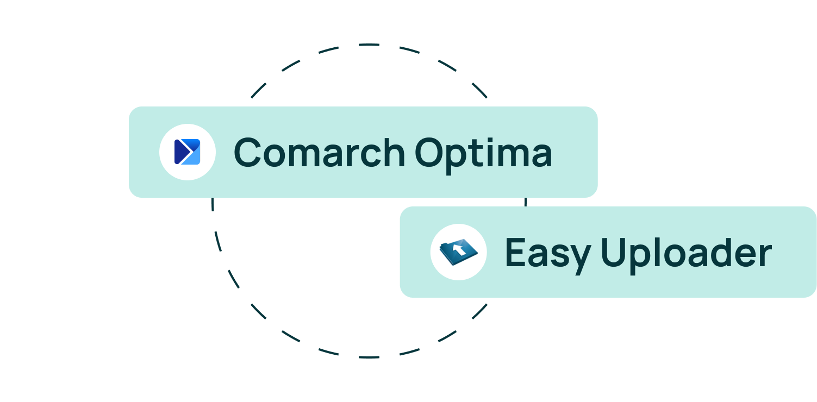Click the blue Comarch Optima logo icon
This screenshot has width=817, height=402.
point(187,152)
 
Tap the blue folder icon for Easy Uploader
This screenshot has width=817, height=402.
point(458,252)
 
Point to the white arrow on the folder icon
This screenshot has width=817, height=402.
point(459,249)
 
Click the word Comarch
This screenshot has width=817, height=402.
point(319,152)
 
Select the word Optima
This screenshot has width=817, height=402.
point(483,155)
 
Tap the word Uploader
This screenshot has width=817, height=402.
point(686,255)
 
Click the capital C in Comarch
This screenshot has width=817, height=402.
point(247,152)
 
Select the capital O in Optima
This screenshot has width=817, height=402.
point(429,152)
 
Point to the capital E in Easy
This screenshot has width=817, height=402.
point(515,252)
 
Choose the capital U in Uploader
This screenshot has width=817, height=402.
point(613,252)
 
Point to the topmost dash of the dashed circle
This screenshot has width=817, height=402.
point(369,45)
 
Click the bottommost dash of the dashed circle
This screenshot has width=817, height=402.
point(369,357)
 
